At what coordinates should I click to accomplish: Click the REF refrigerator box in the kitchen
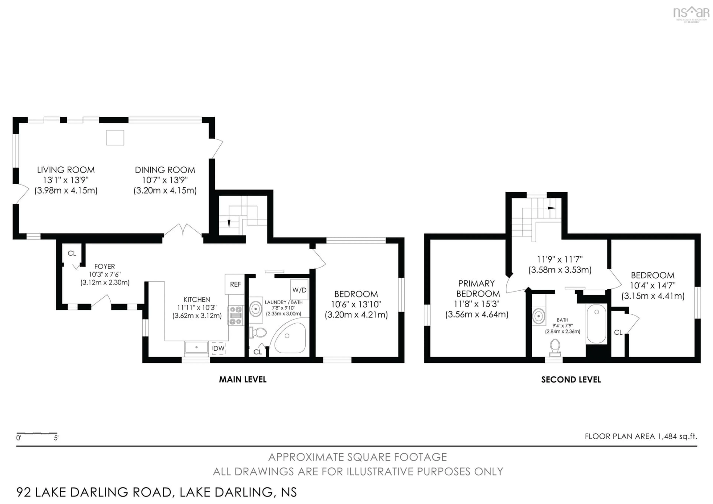coord(235,284)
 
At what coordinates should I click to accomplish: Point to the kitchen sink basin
coord(196,347)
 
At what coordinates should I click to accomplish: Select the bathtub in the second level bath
coord(596,324)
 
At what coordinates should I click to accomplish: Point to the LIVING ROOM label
coord(66,170)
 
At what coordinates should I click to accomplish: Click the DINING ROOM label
coord(165,170)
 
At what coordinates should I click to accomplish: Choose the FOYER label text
coord(105,266)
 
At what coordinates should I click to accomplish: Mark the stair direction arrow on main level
coord(229,223)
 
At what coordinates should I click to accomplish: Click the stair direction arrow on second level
coord(551,208)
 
